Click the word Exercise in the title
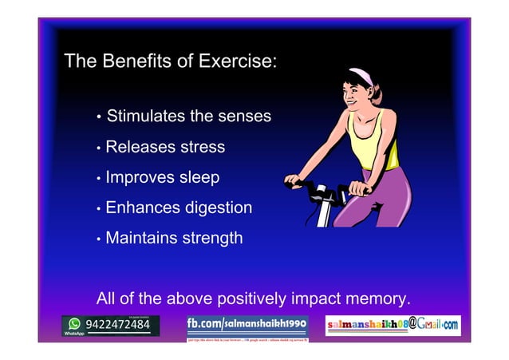click(x=237, y=62)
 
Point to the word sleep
click(x=199, y=177)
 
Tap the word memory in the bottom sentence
click(x=377, y=299)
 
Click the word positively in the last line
click(x=247, y=299)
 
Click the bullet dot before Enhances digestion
click(x=98, y=210)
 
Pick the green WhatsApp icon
click(x=74, y=324)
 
